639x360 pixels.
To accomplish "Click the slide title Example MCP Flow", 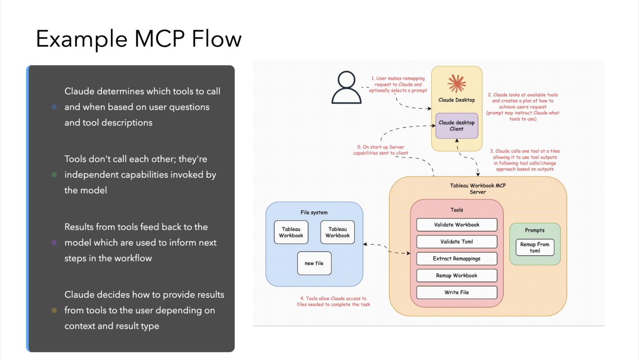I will point(138,39).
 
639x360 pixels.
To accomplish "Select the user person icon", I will point(346,87).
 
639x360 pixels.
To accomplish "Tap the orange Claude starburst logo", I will point(456,83).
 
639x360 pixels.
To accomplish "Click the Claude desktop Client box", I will point(456,126).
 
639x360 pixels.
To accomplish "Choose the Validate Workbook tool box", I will point(456,225).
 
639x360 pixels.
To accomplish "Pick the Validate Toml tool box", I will point(456,242).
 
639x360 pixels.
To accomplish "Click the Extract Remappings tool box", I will point(456,259).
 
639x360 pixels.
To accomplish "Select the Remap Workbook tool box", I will point(456,276).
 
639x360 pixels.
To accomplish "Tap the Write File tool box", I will point(456,293).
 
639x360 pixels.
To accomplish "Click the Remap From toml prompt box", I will point(535,247).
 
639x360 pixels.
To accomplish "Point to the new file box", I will point(314,263).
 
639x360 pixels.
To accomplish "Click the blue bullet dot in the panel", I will point(54,107).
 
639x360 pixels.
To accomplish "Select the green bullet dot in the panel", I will point(54,175).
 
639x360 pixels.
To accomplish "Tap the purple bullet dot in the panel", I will point(54,243).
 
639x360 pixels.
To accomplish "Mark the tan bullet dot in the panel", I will point(54,310).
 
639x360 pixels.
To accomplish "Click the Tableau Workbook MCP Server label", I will point(478,189).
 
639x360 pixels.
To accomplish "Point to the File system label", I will point(314,213).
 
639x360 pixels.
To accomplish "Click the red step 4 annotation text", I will point(333,301).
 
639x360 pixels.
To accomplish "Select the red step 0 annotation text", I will point(381,150).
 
